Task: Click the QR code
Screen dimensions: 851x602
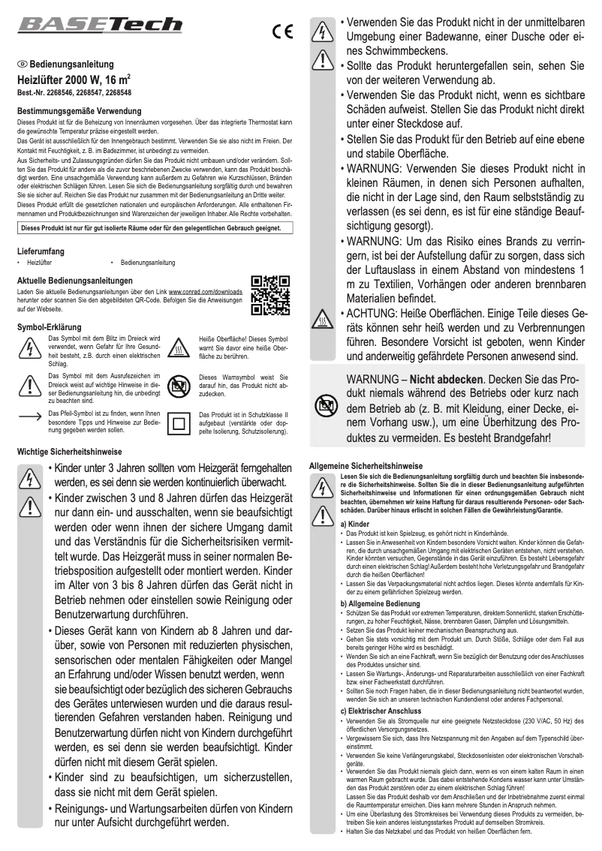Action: (x=271, y=296)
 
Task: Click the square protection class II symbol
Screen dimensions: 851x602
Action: (x=179, y=422)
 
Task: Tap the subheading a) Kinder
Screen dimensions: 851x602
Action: (x=355, y=522)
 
